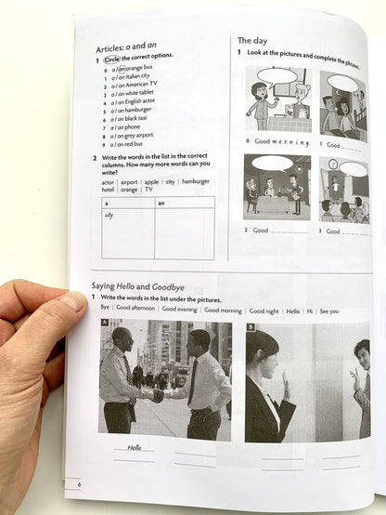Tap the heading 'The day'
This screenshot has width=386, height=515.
252,40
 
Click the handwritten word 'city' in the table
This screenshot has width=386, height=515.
109,214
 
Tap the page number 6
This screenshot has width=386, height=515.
79,484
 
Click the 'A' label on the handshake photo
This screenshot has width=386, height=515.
103,325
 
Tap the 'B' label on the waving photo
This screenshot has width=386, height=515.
251,327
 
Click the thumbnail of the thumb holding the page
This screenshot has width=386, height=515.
73,302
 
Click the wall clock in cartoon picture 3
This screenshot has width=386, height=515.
332,165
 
